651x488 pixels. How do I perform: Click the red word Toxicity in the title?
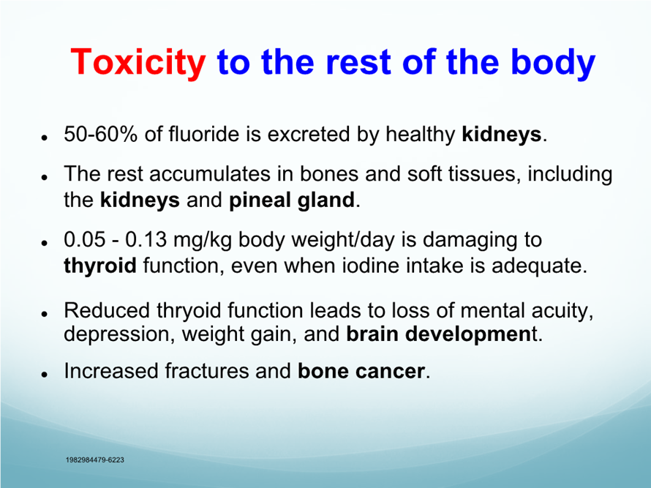[138, 62]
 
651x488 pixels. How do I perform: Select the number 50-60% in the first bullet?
[100, 134]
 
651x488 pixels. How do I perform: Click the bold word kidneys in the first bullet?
[502, 135]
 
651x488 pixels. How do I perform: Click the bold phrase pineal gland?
[292, 200]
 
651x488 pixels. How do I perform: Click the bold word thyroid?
[100, 266]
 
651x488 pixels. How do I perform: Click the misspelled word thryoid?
[189, 311]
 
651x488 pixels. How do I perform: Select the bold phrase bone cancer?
[361, 371]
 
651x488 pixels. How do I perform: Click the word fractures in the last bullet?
[206, 371]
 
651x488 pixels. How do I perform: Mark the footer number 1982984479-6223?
[95, 459]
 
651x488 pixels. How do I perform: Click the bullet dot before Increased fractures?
[44, 374]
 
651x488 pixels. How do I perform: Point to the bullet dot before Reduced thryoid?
[44, 314]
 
